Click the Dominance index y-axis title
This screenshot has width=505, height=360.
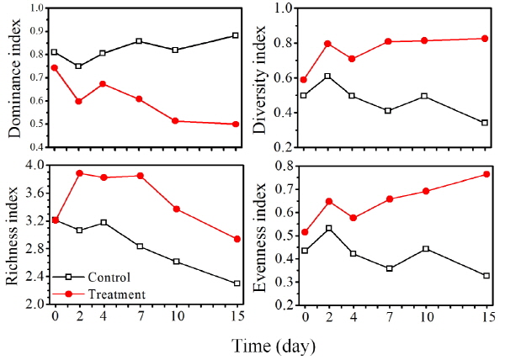coord(16,77)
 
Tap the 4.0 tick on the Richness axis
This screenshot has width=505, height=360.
coord(38,166)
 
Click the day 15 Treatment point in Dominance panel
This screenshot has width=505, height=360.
coord(236,124)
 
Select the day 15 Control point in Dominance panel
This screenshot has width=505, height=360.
coord(236,35)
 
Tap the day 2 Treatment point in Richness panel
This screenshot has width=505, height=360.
coord(78,173)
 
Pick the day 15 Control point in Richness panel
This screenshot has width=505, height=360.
coord(236,283)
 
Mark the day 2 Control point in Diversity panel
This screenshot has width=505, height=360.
coord(327,77)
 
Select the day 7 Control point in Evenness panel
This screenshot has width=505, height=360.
coord(388,268)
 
